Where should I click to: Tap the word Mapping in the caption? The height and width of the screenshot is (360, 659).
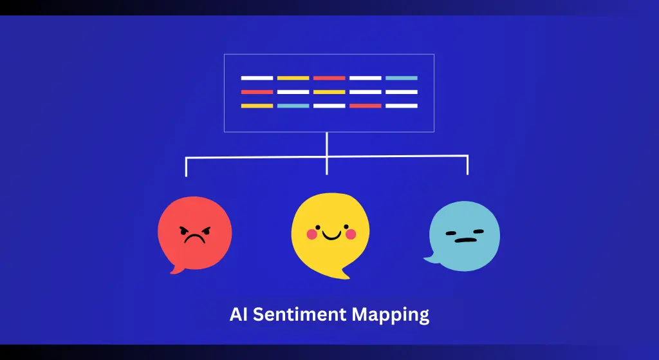[x=390, y=316]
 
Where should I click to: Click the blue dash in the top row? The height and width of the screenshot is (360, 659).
[x=402, y=78]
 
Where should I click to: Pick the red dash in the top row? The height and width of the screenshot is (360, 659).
[x=329, y=78]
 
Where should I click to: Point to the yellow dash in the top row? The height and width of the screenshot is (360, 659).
[x=293, y=78]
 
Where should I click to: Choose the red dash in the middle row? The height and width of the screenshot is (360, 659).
[x=257, y=92]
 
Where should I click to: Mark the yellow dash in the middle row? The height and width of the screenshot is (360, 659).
[x=329, y=92]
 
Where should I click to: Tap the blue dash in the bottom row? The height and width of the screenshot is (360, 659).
[x=293, y=106]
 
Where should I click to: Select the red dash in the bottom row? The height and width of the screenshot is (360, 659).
[x=366, y=106]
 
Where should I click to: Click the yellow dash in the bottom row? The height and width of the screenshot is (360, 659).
[x=257, y=106]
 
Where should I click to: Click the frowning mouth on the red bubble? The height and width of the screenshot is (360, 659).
[x=194, y=239]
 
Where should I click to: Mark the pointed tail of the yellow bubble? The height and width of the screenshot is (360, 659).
[x=347, y=277]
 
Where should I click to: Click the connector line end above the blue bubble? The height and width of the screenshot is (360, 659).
[x=467, y=173]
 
